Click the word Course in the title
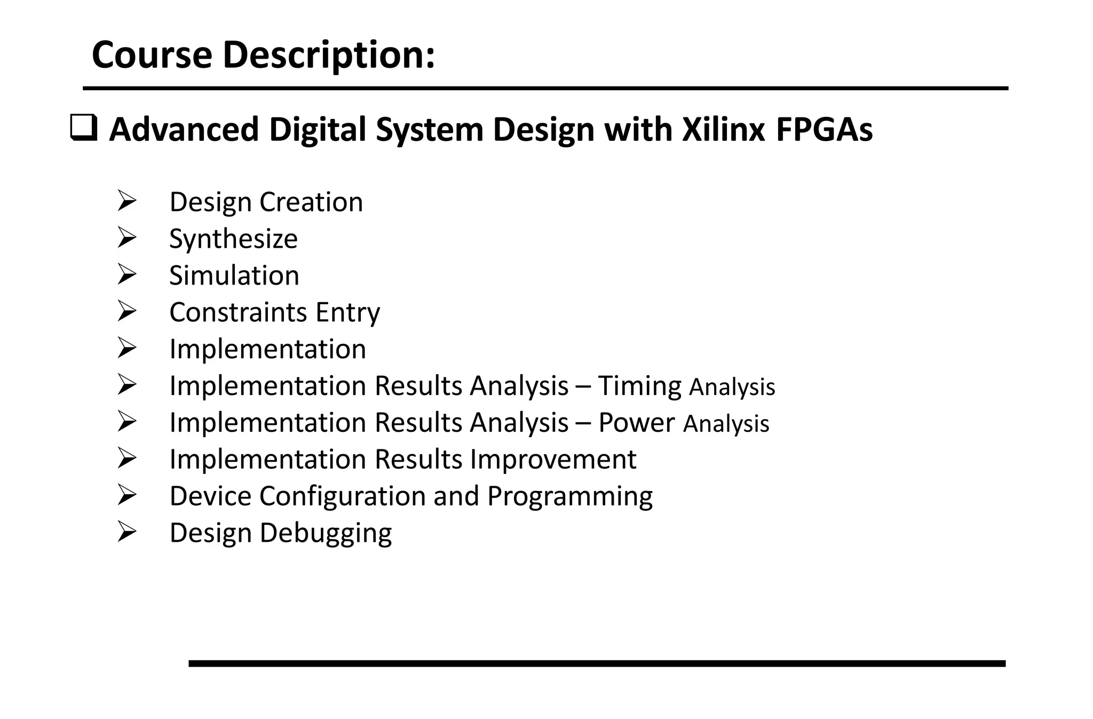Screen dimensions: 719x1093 pyautogui.click(x=152, y=55)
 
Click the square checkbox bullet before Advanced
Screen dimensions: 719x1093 pyautogui.click(x=84, y=129)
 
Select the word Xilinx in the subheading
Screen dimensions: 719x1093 pyautogui.click(x=724, y=130)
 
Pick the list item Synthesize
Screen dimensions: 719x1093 pyautogui.click(x=233, y=239)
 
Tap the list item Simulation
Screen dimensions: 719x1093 pyautogui.click(x=234, y=275)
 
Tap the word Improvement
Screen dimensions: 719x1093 pyautogui.click(x=553, y=459)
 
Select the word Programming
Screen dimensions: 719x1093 pyautogui.click(x=569, y=496)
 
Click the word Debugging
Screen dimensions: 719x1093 pyautogui.click(x=326, y=533)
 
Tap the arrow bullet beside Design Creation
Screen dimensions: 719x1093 pyautogui.click(x=127, y=201)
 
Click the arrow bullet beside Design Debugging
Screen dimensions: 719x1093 pyautogui.click(x=127, y=532)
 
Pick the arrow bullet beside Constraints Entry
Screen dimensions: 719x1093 pyautogui.click(x=127, y=312)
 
